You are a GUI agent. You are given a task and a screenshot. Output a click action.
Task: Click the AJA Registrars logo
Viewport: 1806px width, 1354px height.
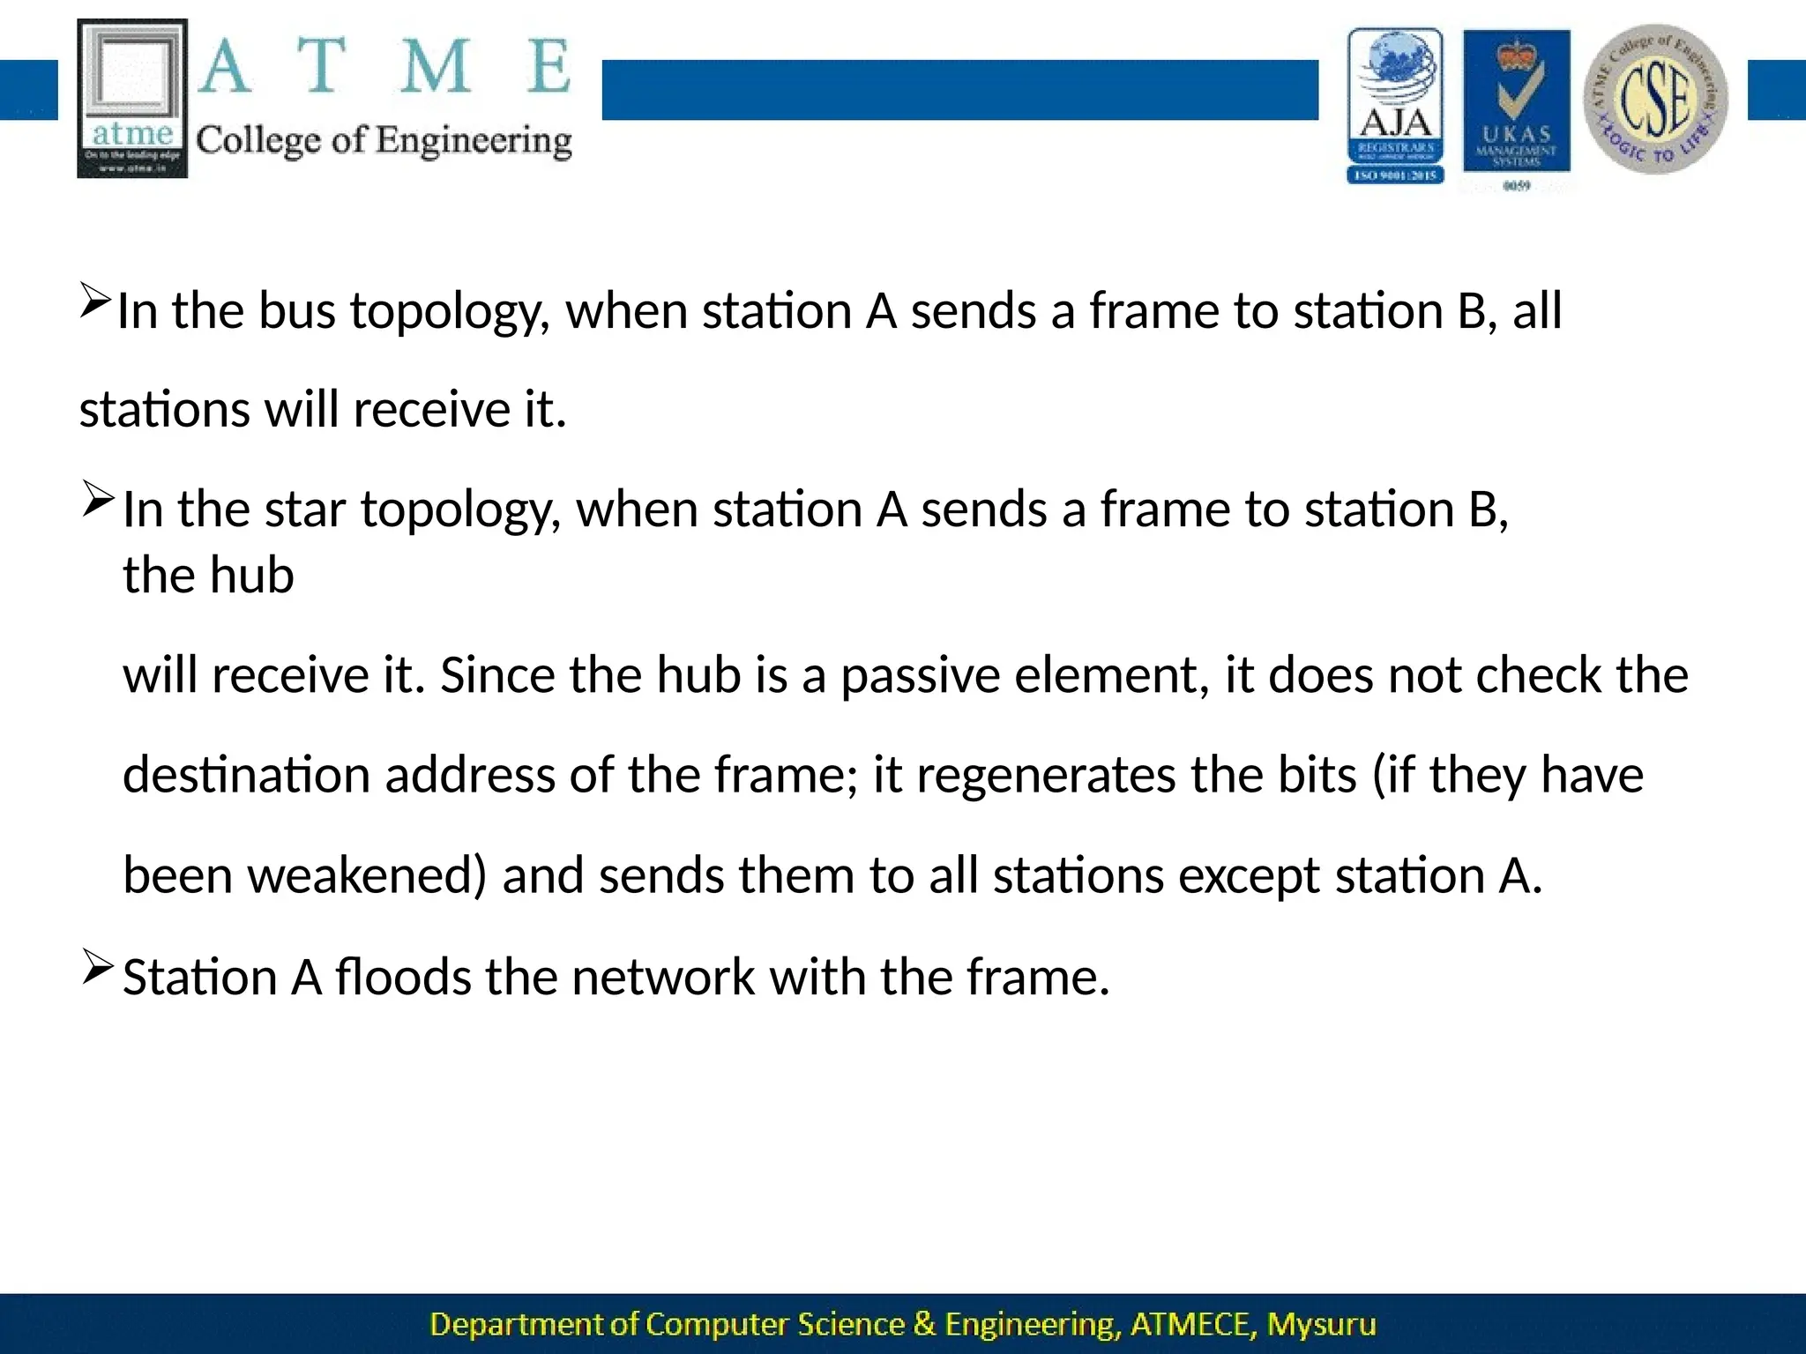(x=1395, y=106)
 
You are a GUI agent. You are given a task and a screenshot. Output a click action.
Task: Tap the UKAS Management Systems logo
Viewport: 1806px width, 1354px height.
(x=1516, y=106)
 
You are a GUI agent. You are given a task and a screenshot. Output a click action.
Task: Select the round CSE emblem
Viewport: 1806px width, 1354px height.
(x=1655, y=99)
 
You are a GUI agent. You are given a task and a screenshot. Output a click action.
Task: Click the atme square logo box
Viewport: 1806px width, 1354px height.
(x=133, y=99)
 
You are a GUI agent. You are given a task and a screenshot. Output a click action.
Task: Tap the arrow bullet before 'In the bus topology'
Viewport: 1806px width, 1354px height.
(x=93, y=300)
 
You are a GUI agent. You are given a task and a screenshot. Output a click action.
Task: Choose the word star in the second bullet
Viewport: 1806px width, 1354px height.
(x=304, y=510)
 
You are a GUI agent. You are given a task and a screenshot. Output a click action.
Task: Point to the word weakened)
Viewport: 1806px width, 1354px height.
(x=366, y=876)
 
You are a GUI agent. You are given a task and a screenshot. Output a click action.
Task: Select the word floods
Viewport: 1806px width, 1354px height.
(x=403, y=978)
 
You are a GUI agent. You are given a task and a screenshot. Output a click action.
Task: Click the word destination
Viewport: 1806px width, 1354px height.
(x=246, y=776)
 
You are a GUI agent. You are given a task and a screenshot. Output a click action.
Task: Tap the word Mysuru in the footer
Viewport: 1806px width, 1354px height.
(x=1321, y=1324)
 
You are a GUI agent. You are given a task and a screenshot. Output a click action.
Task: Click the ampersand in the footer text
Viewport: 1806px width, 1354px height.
(x=925, y=1324)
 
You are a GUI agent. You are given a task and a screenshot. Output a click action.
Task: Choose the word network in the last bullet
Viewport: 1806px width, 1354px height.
(x=663, y=978)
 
